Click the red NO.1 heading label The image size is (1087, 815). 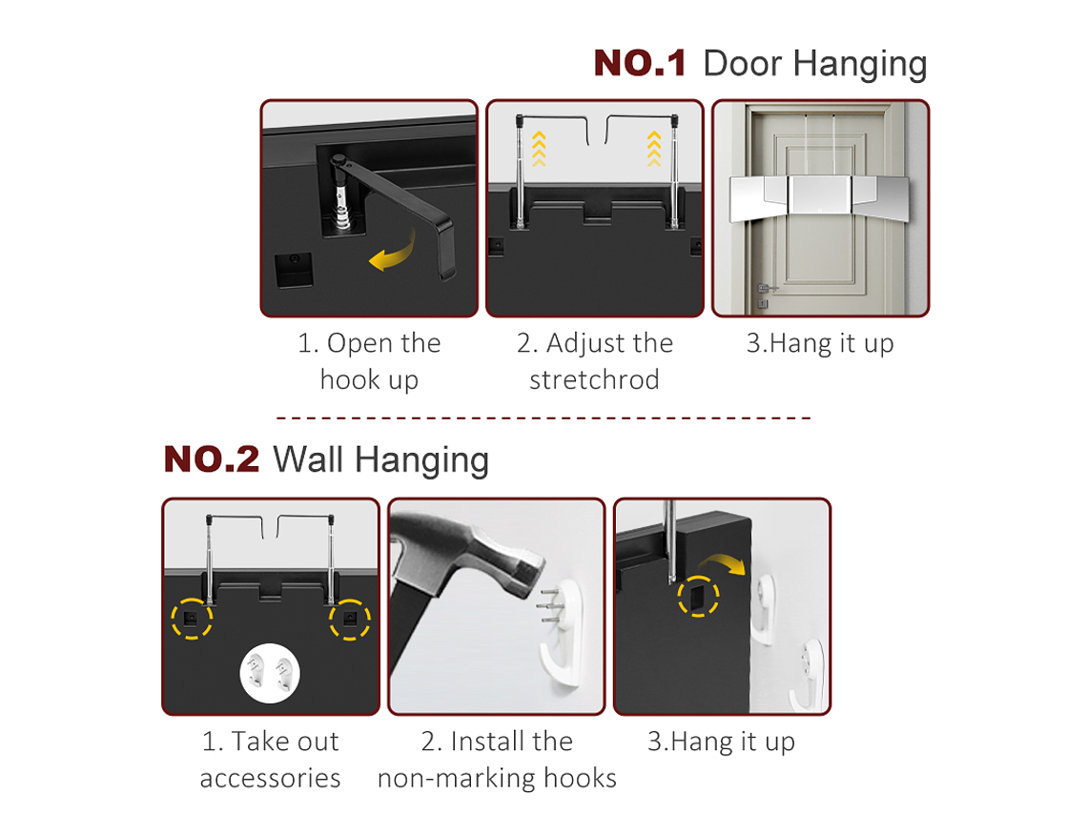click(x=640, y=63)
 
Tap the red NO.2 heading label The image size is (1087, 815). click(x=212, y=458)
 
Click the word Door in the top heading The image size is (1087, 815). click(x=743, y=63)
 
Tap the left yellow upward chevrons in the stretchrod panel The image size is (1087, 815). click(x=539, y=149)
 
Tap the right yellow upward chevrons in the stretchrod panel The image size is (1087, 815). click(x=654, y=149)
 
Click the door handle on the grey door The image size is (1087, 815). click(x=766, y=288)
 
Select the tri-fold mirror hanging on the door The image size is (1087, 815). click(x=819, y=198)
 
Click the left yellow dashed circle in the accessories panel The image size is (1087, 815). click(x=192, y=619)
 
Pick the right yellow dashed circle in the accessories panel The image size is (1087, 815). click(x=349, y=619)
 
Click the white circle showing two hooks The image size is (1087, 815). click(x=270, y=673)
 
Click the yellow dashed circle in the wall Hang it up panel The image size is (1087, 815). click(x=698, y=596)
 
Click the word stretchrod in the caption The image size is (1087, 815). click(x=594, y=379)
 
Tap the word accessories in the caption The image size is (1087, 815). click(x=271, y=778)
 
